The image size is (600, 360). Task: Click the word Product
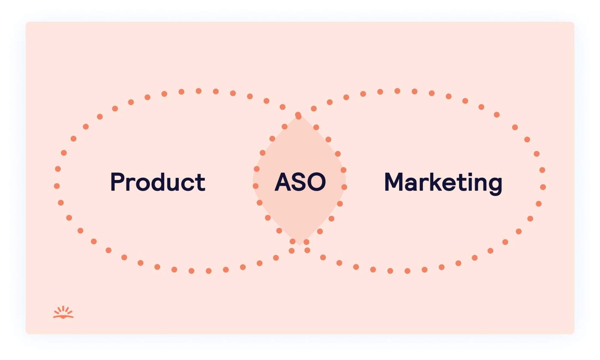point(158,182)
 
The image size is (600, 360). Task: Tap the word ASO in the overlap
point(300,182)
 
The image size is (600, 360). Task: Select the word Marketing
point(443,183)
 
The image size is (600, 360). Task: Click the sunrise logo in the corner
point(63,312)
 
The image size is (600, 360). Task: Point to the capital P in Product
point(117,182)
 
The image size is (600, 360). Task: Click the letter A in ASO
point(283,182)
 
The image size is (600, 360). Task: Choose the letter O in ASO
point(317,182)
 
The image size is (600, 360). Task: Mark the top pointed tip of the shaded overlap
point(299,116)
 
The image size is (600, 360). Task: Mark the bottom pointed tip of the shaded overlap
point(299,245)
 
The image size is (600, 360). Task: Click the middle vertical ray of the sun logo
point(63,309)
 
